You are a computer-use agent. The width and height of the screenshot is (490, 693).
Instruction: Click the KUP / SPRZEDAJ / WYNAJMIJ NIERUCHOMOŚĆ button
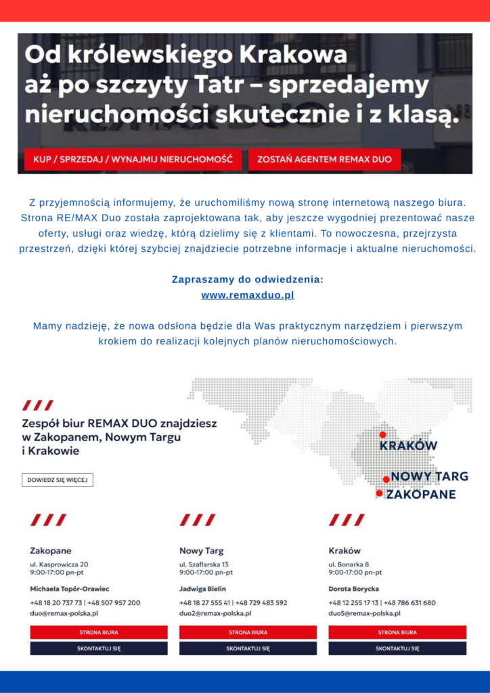coord(128,160)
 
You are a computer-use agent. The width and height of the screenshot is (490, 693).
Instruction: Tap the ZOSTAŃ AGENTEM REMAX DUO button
coord(324,160)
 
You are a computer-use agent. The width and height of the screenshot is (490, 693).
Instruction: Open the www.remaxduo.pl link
coord(248,296)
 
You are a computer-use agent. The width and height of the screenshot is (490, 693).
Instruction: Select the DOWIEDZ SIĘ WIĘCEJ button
coord(58,480)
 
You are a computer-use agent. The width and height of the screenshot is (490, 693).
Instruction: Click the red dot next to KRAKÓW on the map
coord(382,434)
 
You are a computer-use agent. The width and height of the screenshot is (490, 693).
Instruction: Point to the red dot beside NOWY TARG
coord(386,479)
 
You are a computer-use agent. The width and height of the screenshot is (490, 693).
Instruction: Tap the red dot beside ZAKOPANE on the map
coord(379,493)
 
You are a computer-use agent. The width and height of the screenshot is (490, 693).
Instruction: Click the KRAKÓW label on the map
coord(408,446)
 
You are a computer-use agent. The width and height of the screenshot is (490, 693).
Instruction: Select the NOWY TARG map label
coord(429,477)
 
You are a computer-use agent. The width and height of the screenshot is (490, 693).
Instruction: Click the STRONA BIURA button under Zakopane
coord(99,632)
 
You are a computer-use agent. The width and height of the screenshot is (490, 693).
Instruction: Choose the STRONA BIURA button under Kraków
coord(397,632)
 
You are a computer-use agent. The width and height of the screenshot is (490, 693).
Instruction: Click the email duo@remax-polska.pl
coord(64,614)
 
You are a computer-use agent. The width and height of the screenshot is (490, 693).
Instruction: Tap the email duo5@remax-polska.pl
coord(364,614)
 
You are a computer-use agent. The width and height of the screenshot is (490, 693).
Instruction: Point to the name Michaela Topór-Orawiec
coord(70,589)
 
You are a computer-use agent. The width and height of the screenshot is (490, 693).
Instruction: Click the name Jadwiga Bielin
coord(203,589)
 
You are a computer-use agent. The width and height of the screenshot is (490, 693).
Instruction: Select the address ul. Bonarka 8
coord(349,564)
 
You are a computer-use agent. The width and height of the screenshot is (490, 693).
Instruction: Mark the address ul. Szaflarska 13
coord(204,564)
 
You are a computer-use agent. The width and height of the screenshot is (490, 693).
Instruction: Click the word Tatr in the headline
coord(292,85)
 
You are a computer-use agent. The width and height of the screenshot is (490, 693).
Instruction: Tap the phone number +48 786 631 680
coord(411,602)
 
